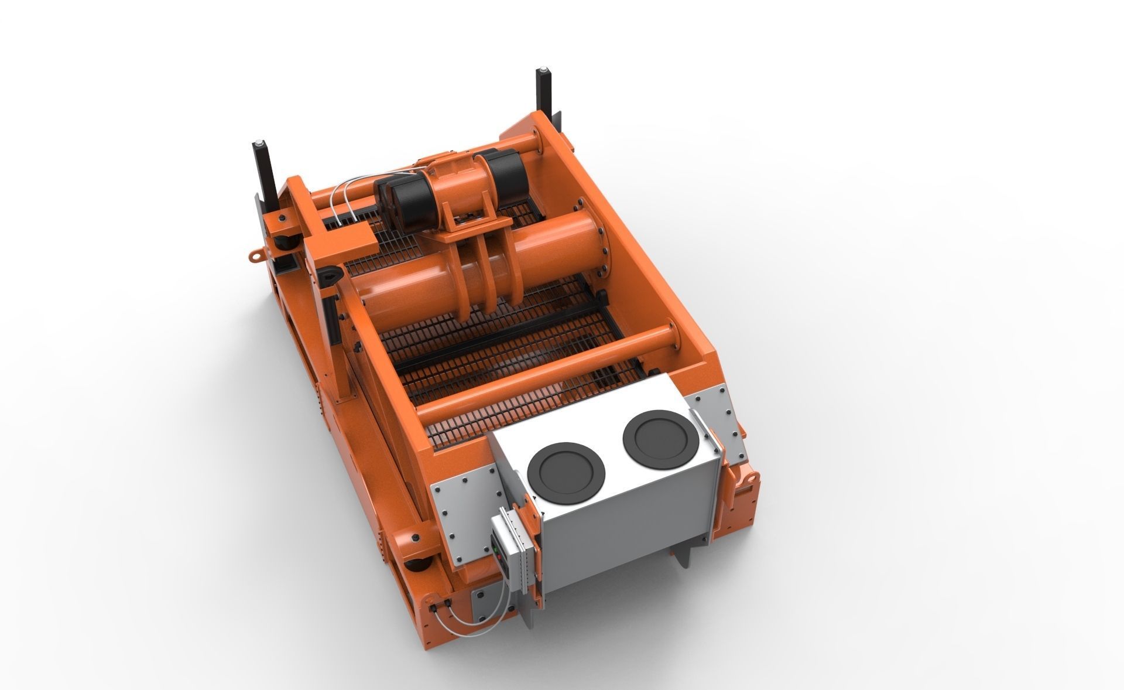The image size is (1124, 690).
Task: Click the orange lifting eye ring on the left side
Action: click(255, 255)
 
